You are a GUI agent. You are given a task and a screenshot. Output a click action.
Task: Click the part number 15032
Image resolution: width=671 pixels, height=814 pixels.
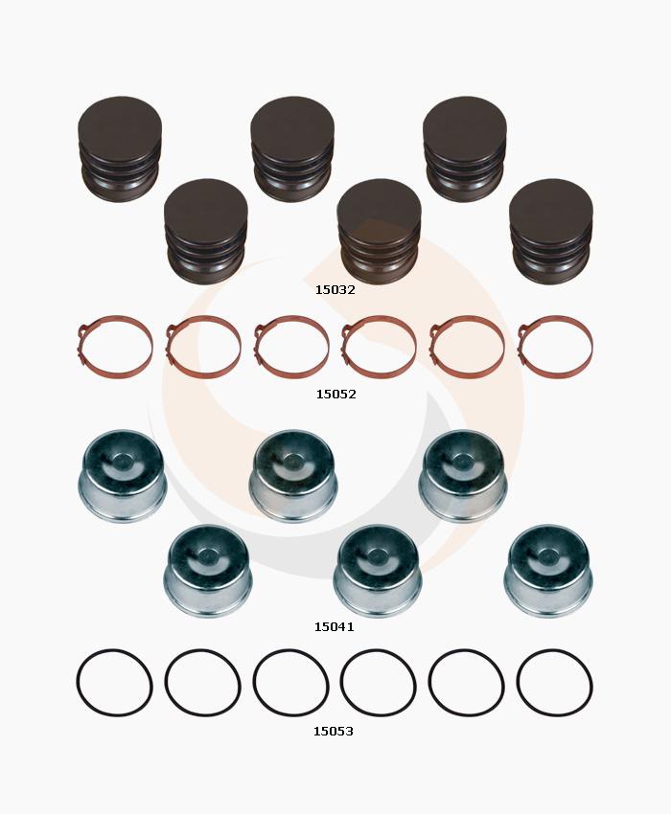(x=335, y=290)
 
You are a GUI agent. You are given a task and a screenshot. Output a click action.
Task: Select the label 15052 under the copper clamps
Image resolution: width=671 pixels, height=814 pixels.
(x=336, y=395)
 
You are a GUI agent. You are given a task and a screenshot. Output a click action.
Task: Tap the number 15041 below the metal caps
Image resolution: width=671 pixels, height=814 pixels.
(x=335, y=627)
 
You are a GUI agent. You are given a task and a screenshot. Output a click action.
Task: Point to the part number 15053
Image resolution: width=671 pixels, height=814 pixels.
(x=334, y=732)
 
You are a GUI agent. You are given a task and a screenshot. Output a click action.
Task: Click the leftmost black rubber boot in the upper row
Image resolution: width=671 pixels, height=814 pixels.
(x=120, y=149)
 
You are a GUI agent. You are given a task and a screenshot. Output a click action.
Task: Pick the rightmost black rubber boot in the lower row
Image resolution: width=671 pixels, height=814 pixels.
(x=551, y=232)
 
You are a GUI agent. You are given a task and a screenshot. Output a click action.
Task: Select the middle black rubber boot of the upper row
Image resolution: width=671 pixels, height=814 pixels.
(x=292, y=149)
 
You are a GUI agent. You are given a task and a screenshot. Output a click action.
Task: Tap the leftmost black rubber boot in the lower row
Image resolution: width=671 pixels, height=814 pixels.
(x=206, y=232)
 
